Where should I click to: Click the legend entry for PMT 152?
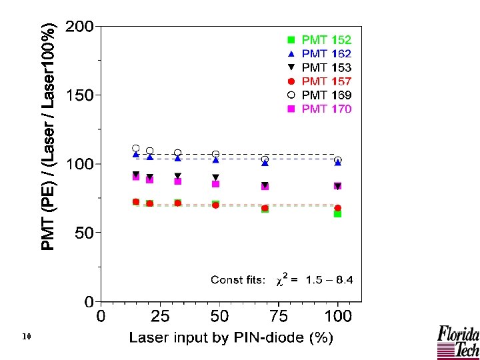coord(327,40)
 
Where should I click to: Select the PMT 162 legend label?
coord(327,53)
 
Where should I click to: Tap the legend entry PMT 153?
coord(327,67)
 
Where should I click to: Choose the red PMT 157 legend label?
coord(327,81)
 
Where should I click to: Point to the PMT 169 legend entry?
coord(327,95)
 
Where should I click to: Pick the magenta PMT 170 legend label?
coord(327,109)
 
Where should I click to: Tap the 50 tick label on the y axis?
coord(84,233)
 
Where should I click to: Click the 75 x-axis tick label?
coord(279,315)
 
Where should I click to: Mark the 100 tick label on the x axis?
coord(338,315)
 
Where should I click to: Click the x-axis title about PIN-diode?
coord(231,338)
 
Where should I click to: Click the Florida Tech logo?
coord(457,341)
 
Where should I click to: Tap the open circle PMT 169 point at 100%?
coord(338,160)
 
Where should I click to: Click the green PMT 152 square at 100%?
coord(338,214)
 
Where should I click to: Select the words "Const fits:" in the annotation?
coord(238,280)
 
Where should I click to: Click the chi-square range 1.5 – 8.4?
coord(329,280)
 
